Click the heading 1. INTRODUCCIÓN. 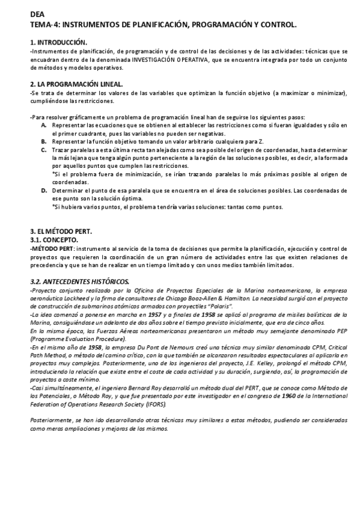(59, 43)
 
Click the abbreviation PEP (323, 330)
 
